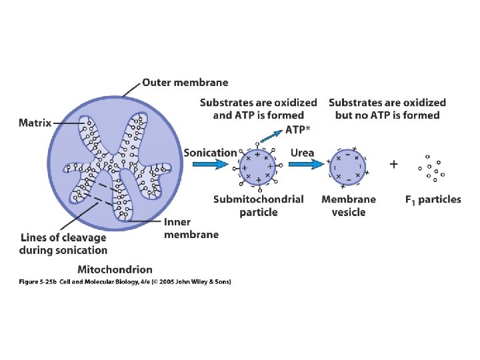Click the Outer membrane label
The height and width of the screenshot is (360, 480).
click(x=185, y=83)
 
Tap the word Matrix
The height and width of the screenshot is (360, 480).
click(x=35, y=123)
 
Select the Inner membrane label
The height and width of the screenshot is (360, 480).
click(x=191, y=229)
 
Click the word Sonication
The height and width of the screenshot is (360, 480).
click(x=210, y=153)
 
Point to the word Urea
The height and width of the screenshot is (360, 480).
click(x=302, y=153)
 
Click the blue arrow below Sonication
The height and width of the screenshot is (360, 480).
click(x=211, y=165)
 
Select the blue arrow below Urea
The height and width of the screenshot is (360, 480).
click(x=307, y=165)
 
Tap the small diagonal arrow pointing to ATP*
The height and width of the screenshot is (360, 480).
click(x=271, y=135)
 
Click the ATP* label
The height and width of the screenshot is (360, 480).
click(x=297, y=130)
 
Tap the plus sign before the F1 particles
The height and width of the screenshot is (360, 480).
click(x=394, y=165)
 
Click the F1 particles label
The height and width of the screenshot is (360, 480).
click(x=433, y=200)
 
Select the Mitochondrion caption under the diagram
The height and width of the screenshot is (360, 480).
click(x=115, y=270)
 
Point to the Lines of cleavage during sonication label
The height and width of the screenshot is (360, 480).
click(x=63, y=244)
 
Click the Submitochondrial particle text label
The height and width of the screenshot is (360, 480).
click(x=259, y=206)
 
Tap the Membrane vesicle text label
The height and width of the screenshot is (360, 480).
click(x=349, y=206)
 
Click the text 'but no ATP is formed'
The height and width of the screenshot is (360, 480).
click(x=387, y=115)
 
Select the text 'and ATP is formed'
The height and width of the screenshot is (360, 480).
click(x=259, y=115)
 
